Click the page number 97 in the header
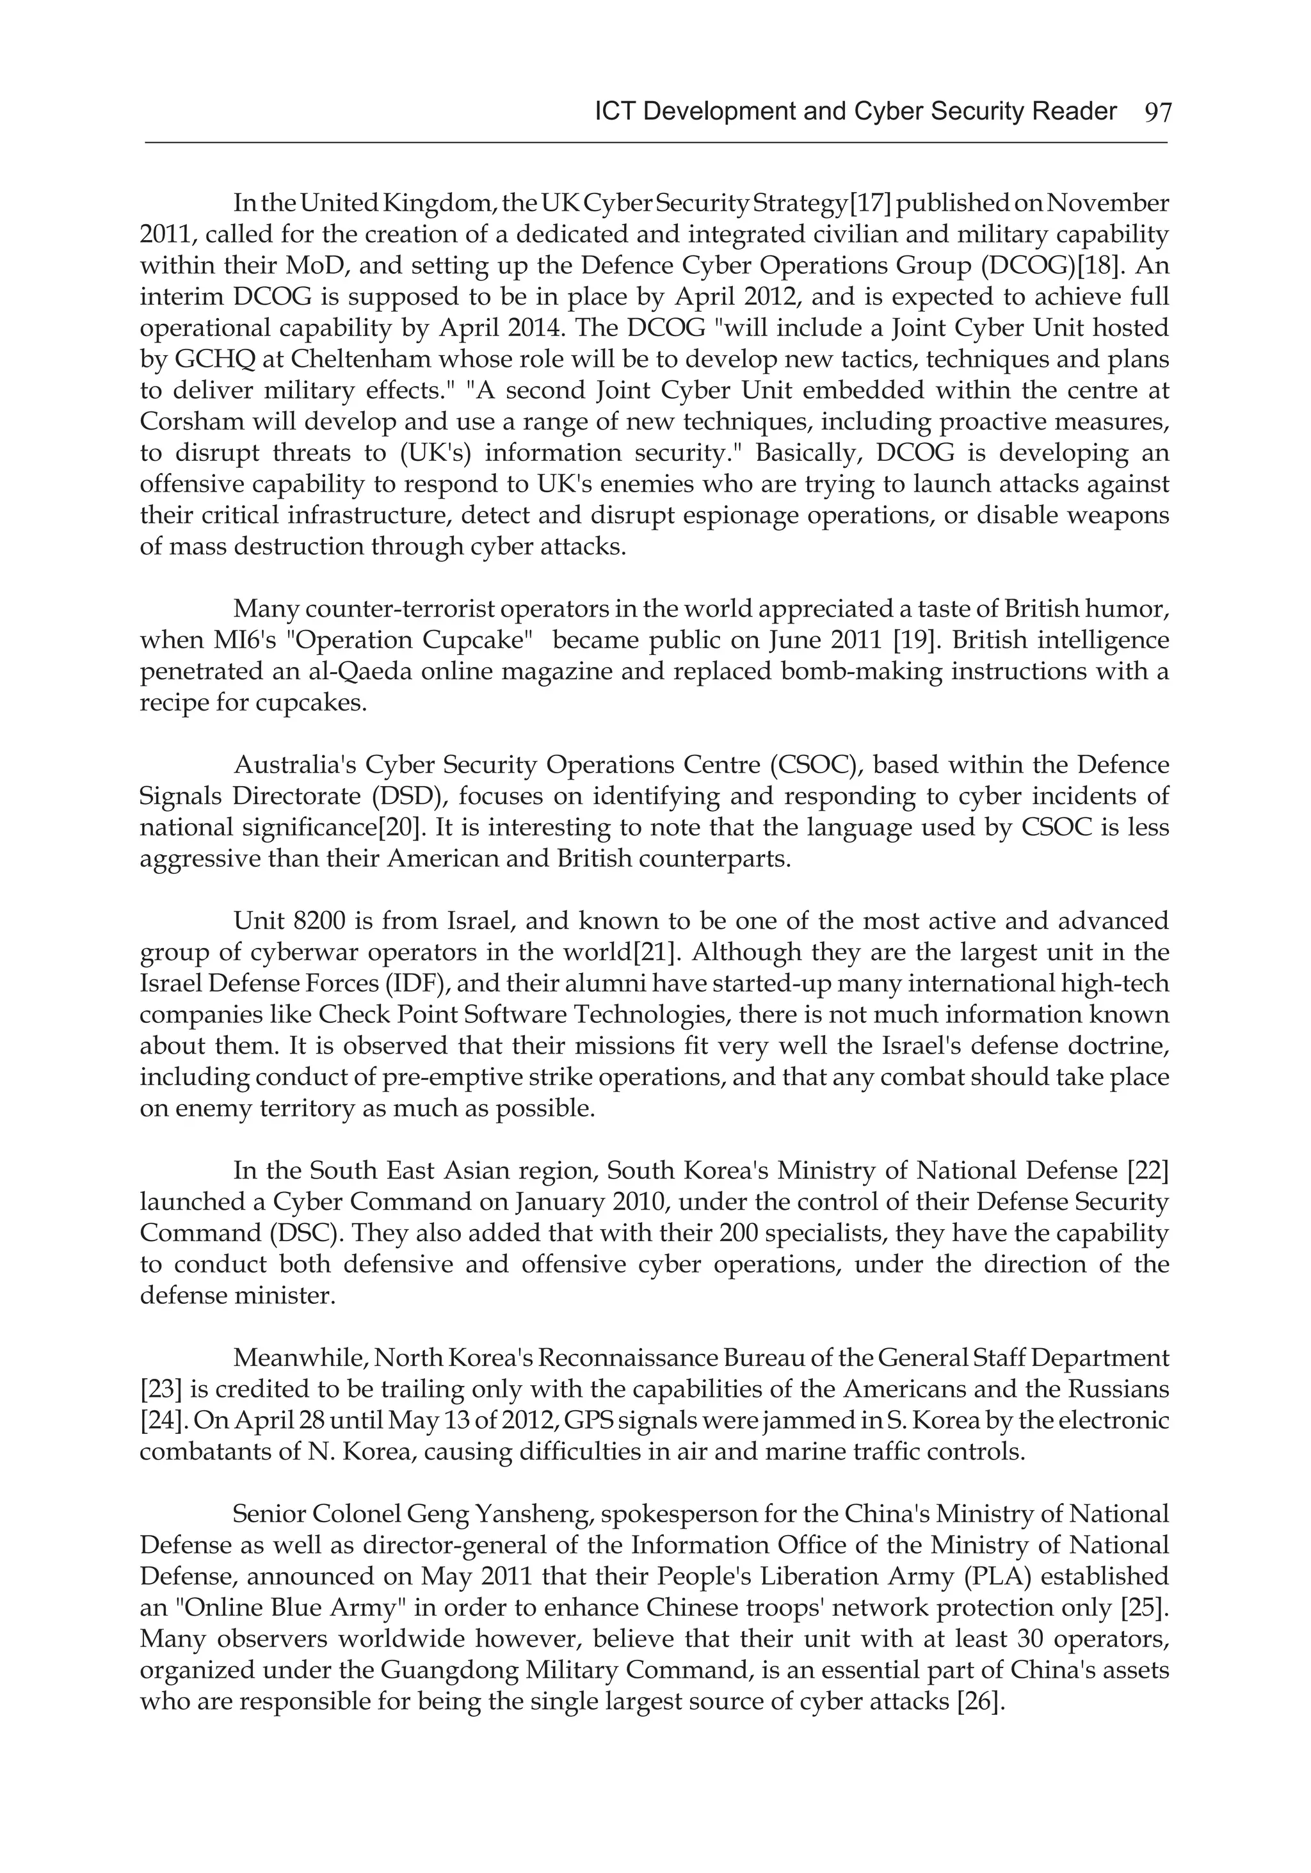pos(1157,113)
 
